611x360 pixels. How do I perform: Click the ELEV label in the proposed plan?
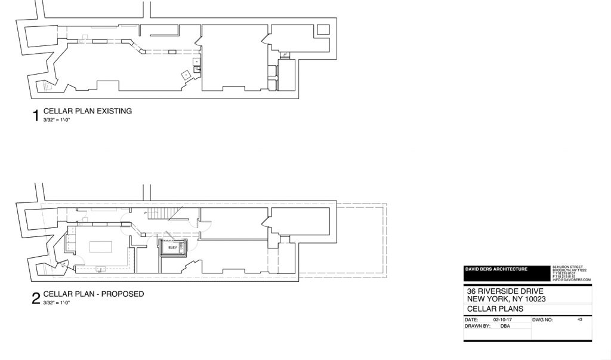[x=173, y=247]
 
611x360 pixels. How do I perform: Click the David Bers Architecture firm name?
[x=496, y=269]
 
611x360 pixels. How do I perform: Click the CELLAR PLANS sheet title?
[x=495, y=309]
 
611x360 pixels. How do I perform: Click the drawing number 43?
[x=579, y=320]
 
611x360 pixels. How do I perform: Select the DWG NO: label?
[x=542, y=320]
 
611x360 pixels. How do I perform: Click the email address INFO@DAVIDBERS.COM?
[x=571, y=279]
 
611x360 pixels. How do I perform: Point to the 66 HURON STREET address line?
[x=568, y=266]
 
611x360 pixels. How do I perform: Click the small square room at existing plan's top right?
[x=323, y=30]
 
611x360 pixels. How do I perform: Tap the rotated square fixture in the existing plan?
[x=186, y=74]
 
